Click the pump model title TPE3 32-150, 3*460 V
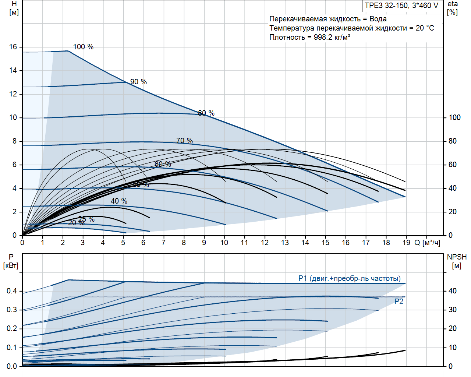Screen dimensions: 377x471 [x=401, y=6]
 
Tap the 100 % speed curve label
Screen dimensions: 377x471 [x=83, y=47]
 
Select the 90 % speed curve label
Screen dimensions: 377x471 [x=138, y=82]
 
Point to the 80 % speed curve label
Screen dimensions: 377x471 [x=206, y=113]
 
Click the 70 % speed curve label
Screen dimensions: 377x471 [x=184, y=141]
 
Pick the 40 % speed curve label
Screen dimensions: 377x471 [x=119, y=201]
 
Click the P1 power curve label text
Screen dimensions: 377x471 [x=349, y=278]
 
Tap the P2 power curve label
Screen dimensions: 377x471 [x=399, y=302]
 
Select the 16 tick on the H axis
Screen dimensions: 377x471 [x=13, y=47]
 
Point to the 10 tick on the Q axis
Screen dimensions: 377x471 [x=224, y=243]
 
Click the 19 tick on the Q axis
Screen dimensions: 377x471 [x=406, y=243]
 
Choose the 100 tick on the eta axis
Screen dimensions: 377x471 [x=454, y=117]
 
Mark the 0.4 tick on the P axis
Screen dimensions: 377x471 [x=12, y=291]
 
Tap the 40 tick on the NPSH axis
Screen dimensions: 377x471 [x=452, y=291]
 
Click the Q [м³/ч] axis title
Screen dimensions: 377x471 [x=427, y=243]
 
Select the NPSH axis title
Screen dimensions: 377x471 [x=457, y=261]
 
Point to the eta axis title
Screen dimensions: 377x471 [x=453, y=8]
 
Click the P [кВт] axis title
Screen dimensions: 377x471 [x=11, y=261]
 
